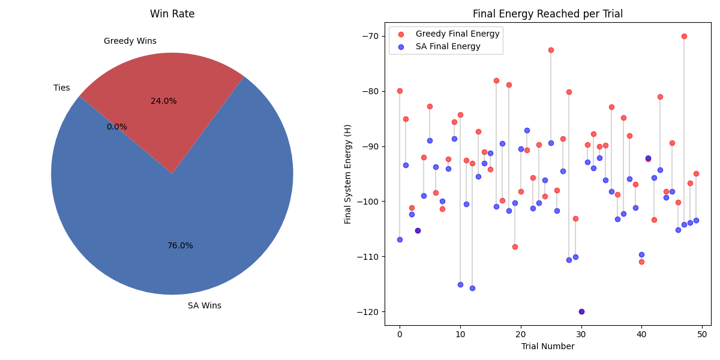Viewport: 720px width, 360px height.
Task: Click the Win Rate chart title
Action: pos(172,14)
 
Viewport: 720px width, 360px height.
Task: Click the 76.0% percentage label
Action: pos(180,246)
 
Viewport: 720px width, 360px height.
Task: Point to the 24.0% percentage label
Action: pos(164,101)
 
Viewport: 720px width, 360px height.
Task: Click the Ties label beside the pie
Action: pos(62,88)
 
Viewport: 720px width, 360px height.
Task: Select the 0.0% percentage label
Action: pos(117,127)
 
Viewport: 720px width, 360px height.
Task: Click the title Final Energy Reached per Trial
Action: pos(548,14)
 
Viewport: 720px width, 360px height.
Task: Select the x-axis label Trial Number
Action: pos(548,346)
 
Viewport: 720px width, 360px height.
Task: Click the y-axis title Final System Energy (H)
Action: pos(348,174)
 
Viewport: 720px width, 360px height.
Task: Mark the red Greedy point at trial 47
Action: pos(684,36)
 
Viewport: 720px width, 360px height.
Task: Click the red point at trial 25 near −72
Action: pos(551,50)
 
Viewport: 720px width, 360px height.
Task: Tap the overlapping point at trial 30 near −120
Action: pos(581,311)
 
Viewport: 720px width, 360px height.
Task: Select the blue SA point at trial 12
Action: pos(472,288)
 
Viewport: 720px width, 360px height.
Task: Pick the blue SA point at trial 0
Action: pos(400,239)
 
